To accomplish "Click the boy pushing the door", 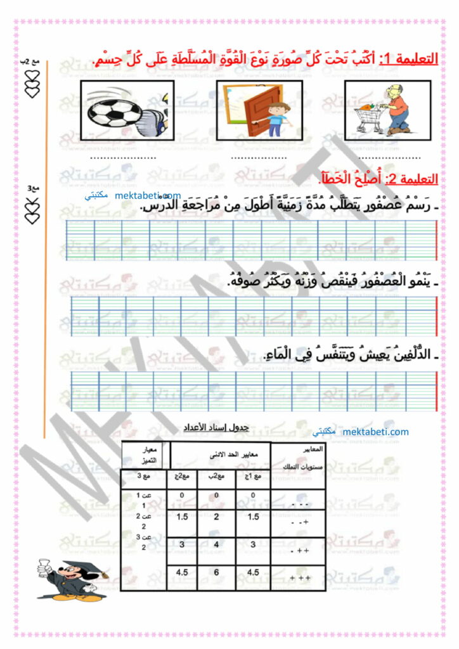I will point(276,114).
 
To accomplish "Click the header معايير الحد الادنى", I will point(220,454).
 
